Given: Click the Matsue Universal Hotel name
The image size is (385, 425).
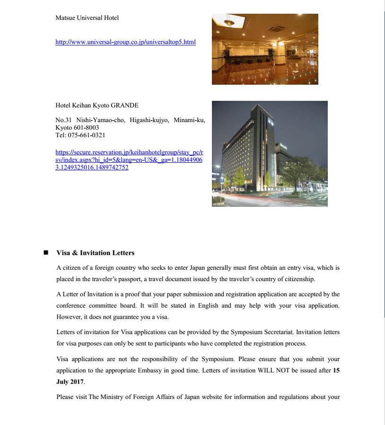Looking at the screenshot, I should [87, 18].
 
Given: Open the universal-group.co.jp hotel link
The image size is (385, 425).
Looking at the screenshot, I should [125, 42].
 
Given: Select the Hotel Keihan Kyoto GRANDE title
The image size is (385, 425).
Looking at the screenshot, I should [97, 106].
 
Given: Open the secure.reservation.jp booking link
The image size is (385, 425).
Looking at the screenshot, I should [129, 159].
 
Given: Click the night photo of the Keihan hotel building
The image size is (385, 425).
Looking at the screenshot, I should [270, 154].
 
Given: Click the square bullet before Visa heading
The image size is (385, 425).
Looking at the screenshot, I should [46, 253].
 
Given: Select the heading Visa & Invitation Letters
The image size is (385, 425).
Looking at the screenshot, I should [95, 253].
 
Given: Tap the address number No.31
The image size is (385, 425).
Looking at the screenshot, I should [63, 120].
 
